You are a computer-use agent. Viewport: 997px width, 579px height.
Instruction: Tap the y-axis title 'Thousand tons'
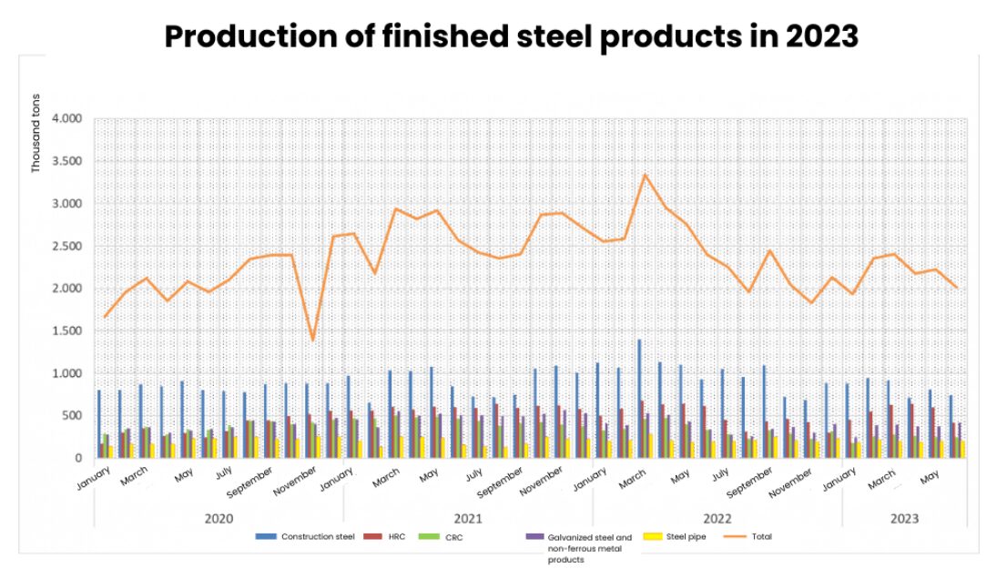click(x=36, y=133)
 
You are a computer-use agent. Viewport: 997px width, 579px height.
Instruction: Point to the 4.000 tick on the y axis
click(x=66, y=119)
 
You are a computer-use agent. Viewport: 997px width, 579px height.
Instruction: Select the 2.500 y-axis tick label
click(x=66, y=246)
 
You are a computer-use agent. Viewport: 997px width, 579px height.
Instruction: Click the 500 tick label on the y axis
click(x=73, y=416)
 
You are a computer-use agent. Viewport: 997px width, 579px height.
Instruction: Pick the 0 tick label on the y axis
click(x=79, y=458)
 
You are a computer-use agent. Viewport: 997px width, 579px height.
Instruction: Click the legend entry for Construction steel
click(x=305, y=536)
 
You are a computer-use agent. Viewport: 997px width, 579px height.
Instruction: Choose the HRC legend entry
click(x=384, y=536)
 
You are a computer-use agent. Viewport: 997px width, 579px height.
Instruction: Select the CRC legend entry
click(x=441, y=537)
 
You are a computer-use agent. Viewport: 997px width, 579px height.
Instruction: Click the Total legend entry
click(x=748, y=536)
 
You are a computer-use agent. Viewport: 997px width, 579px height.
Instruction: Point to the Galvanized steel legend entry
click(x=579, y=548)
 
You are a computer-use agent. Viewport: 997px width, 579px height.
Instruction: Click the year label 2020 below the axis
click(x=219, y=519)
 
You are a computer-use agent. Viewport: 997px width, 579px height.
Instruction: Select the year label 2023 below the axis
click(x=904, y=519)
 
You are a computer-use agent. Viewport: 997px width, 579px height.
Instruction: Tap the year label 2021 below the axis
click(x=468, y=519)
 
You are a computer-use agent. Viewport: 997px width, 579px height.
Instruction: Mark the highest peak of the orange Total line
click(x=645, y=174)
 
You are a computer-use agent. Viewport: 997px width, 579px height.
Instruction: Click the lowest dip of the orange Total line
click(x=312, y=340)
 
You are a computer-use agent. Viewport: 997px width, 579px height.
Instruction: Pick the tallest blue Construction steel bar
click(x=640, y=399)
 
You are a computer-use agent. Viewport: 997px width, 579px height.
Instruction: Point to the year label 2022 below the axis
click(x=717, y=519)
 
